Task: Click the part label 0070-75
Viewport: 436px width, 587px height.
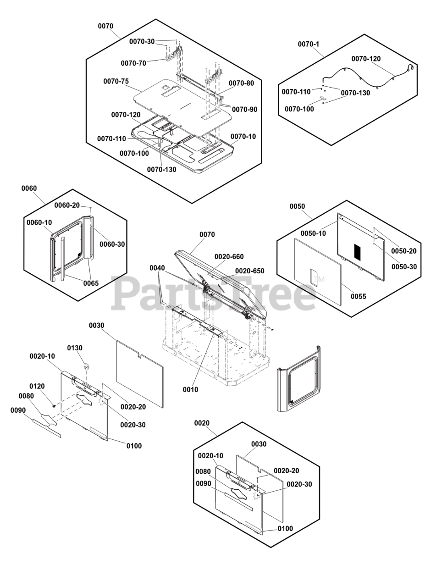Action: [116, 81]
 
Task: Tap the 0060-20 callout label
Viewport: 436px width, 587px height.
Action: [67, 205]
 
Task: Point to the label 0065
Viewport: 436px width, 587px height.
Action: [91, 283]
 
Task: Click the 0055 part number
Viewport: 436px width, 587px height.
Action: [359, 296]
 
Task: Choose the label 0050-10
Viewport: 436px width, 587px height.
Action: [314, 233]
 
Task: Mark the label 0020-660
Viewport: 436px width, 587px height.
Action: [229, 256]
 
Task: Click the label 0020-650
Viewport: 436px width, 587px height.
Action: [249, 271]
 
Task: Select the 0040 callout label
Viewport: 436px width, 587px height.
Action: [157, 267]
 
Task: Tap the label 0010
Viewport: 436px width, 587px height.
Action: [190, 389]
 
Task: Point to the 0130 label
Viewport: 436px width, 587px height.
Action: [75, 348]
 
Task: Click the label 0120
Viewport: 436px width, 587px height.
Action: [37, 386]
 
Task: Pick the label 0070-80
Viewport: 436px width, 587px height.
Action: [241, 83]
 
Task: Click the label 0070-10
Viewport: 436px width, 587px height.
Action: [243, 137]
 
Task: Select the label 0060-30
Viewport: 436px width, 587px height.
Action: [112, 244]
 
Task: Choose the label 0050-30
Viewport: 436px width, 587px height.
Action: [404, 266]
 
